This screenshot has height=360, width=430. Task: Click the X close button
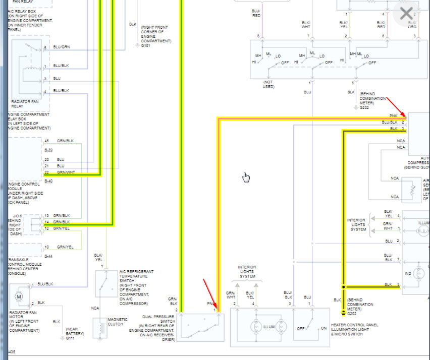click(x=406, y=14)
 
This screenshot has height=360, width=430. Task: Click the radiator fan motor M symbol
click(x=19, y=296)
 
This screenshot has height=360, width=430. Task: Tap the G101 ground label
click(x=146, y=46)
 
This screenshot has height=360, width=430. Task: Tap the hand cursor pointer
click(x=246, y=177)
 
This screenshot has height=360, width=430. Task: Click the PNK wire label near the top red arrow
click(x=393, y=116)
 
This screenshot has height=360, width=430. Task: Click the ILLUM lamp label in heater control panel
click(x=269, y=327)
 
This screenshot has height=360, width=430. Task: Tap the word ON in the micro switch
click(x=324, y=328)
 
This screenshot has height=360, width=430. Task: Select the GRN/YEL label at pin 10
click(x=65, y=247)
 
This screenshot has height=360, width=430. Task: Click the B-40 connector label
click(x=48, y=181)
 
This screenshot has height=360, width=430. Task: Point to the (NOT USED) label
click(x=268, y=84)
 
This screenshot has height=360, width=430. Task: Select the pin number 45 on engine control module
click(x=46, y=141)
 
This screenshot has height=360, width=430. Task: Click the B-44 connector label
click(x=48, y=256)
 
